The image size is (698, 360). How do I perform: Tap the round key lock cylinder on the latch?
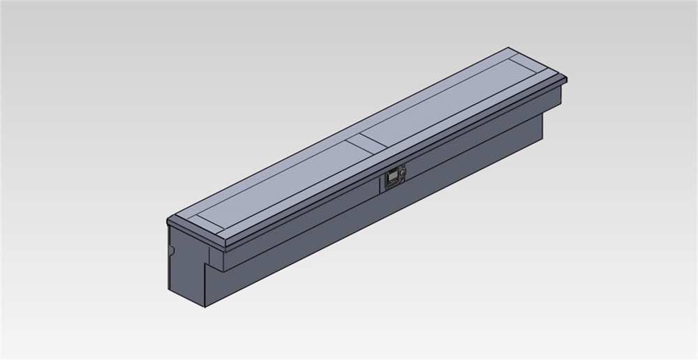tap(403, 171)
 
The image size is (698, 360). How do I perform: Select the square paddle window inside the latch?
tap(392, 179)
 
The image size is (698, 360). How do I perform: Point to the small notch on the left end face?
tap(170, 250)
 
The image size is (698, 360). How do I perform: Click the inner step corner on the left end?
tap(207, 264)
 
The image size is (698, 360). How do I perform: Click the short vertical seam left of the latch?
tap(378, 184)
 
